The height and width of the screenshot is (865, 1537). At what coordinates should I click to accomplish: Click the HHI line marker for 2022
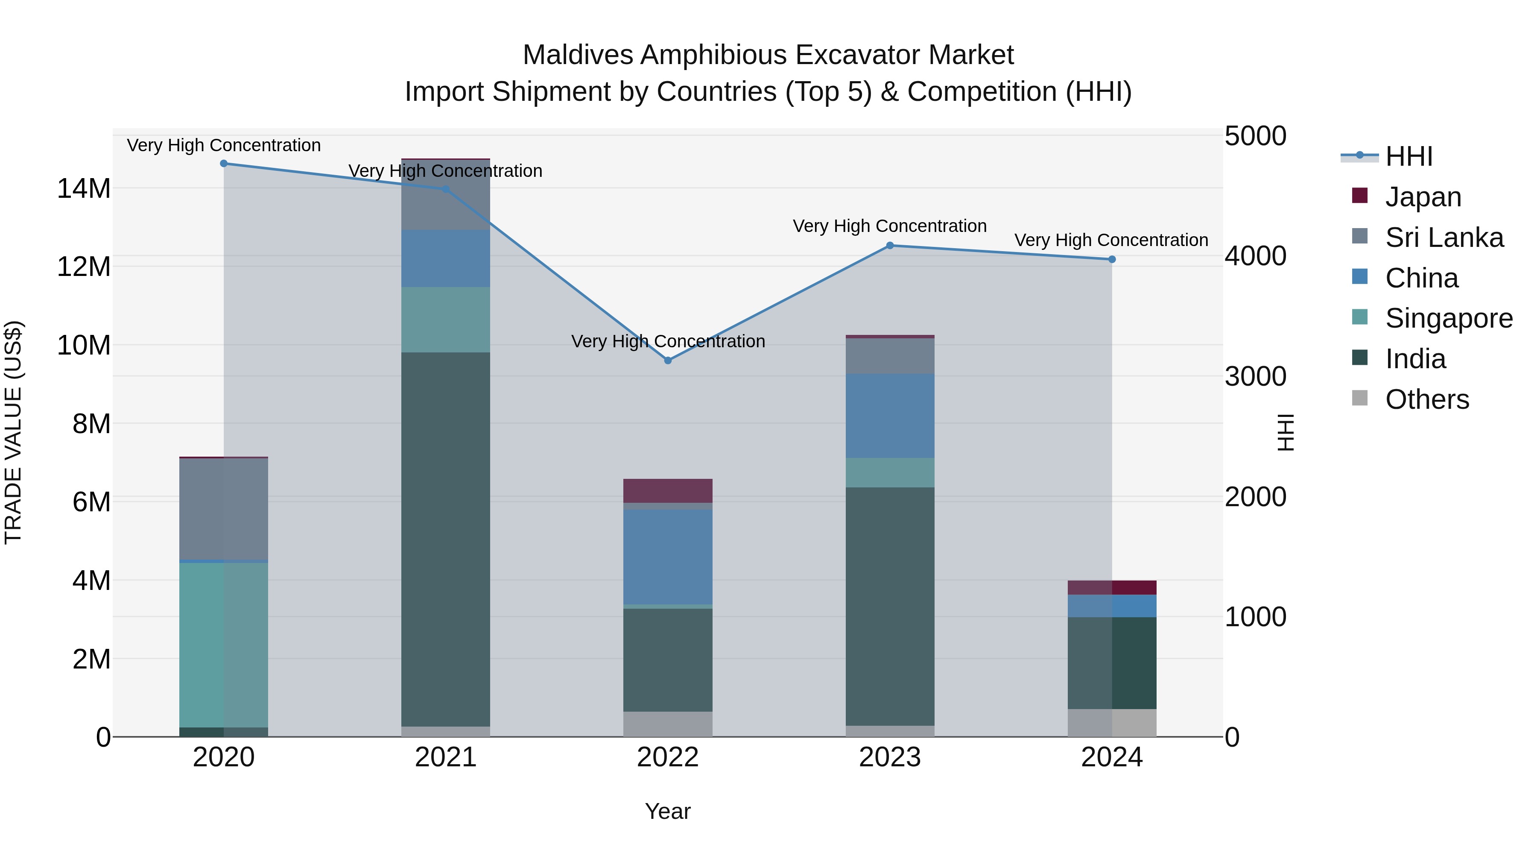coord(668,361)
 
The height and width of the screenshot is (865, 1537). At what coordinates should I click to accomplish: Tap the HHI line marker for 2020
coord(224,164)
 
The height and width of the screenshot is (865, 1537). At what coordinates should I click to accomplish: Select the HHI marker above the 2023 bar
coord(890,245)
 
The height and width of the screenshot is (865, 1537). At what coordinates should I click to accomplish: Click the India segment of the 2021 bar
coord(446,537)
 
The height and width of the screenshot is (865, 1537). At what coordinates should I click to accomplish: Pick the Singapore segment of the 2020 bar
coord(224,645)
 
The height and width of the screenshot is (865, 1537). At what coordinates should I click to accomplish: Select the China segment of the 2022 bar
coord(668,556)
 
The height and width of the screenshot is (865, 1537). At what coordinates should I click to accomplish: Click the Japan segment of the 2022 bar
coord(668,491)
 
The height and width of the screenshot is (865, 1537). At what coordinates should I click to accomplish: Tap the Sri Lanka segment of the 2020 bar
coord(224,509)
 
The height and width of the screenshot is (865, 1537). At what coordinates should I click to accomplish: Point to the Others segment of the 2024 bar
coord(1112,722)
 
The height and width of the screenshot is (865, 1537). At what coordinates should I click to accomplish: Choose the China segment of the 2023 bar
coord(890,416)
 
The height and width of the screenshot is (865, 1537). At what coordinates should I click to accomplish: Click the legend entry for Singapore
coord(1448,318)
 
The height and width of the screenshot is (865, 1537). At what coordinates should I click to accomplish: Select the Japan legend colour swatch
coord(1360,196)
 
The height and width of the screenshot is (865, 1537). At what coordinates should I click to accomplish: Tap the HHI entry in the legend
coord(1408,156)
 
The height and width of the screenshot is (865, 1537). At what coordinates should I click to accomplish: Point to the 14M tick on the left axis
coord(84,189)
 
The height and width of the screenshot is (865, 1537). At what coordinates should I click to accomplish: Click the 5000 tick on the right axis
coord(1255,136)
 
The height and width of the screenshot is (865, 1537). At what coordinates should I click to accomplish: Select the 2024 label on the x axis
coord(1112,757)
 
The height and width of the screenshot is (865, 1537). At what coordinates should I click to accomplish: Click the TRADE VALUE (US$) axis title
coord(13,432)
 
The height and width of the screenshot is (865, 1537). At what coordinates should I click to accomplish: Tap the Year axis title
coord(668,811)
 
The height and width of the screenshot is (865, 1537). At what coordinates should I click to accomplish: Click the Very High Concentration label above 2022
coord(668,341)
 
